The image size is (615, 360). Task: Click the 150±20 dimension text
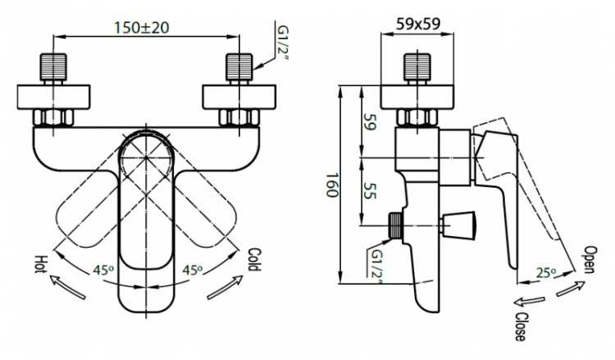click(x=141, y=27)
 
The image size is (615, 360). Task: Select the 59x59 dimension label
click(x=418, y=24)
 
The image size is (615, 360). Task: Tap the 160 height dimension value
click(x=332, y=185)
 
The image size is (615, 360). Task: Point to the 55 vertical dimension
click(x=370, y=190)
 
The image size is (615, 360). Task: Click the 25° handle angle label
click(x=546, y=272)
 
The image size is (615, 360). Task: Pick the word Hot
click(x=41, y=264)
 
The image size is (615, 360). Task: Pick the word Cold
click(x=254, y=259)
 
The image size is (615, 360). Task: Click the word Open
click(x=590, y=259)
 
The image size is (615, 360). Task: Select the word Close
click(x=520, y=326)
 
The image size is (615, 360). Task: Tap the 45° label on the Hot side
click(x=103, y=270)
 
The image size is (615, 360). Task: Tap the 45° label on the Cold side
click(x=192, y=270)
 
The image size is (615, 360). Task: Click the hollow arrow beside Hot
click(x=66, y=288)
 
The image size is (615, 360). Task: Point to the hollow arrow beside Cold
click(x=225, y=288)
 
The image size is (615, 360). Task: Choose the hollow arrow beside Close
click(x=529, y=301)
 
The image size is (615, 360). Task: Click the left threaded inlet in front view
click(x=52, y=67)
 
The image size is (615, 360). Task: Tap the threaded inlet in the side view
click(x=417, y=67)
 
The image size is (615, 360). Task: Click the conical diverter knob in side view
click(x=459, y=226)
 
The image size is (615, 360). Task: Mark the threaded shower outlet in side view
click(x=395, y=226)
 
